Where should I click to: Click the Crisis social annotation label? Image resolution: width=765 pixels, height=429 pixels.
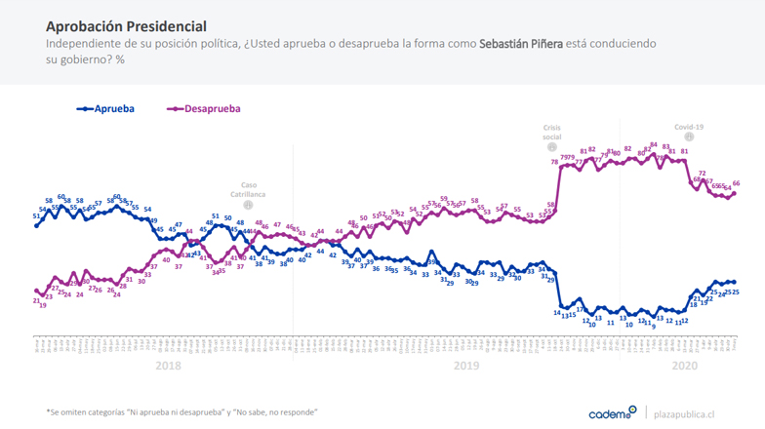[x=552, y=132]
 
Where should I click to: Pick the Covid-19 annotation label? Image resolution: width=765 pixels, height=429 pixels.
[x=689, y=127]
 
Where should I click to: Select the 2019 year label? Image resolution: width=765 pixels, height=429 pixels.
[x=466, y=366]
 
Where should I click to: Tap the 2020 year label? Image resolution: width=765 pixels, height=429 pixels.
[x=686, y=366]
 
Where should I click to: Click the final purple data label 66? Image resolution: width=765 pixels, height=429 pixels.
[x=737, y=183]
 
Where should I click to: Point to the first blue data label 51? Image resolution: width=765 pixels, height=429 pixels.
[x=36, y=215]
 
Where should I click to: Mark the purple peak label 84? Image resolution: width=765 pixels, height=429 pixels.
[x=653, y=144]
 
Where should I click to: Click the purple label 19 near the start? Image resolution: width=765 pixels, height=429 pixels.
[x=43, y=305]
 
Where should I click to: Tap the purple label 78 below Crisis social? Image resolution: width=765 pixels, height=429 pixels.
[x=554, y=162]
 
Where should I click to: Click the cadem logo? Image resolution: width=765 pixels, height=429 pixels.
[x=613, y=412]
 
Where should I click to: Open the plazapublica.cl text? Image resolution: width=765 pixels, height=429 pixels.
[x=693, y=413]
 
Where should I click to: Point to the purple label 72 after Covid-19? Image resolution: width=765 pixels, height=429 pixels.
[x=703, y=173]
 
